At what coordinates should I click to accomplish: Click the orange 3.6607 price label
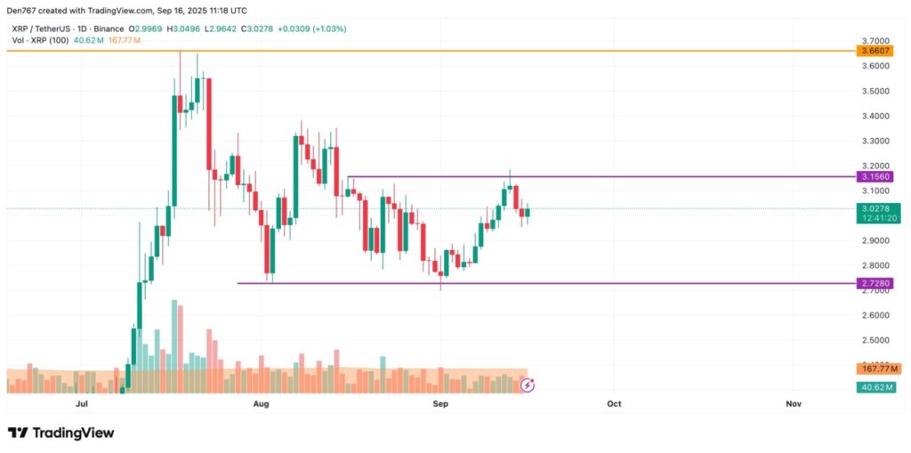pyautogui.click(x=875, y=52)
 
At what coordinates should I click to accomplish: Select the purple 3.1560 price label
pyautogui.click(x=875, y=177)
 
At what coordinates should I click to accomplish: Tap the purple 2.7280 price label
pyautogui.click(x=875, y=283)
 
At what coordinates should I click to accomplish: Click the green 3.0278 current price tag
pyautogui.click(x=875, y=208)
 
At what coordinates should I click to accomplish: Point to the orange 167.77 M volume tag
pyautogui.click(x=879, y=368)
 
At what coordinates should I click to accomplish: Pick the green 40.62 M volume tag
pyautogui.click(x=877, y=387)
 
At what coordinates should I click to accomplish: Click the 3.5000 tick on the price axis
pyautogui.click(x=875, y=91)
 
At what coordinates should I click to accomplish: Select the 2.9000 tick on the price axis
pyautogui.click(x=875, y=240)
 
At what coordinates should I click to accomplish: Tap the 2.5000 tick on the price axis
pyautogui.click(x=875, y=340)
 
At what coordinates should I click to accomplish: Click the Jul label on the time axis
pyautogui.click(x=82, y=404)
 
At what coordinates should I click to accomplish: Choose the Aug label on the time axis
pyautogui.click(x=261, y=404)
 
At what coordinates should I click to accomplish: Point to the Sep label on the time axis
pyautogui.click(x=439, y=404)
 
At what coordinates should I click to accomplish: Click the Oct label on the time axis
pyautogui.click(x=613, y=404)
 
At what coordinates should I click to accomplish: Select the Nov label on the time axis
pyautogui.click(x=794, y=404)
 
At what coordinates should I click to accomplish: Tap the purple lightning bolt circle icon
pyautogui.click(x=527, y=384)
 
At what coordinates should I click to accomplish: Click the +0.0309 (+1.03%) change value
pyautogui.click(x=311, y=29)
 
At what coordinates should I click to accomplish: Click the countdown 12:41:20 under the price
pyautogui.click(x=875, y=218)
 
